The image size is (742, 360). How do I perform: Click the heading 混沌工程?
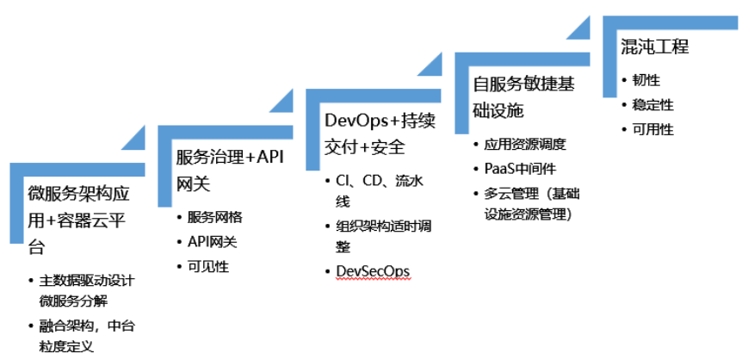(655, 47)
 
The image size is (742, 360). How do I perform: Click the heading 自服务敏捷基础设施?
(523, 98)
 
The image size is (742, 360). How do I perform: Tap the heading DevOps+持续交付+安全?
(380, 133)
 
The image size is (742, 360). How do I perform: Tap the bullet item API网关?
(212, 242)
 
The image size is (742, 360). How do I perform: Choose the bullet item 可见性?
(208, 267)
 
